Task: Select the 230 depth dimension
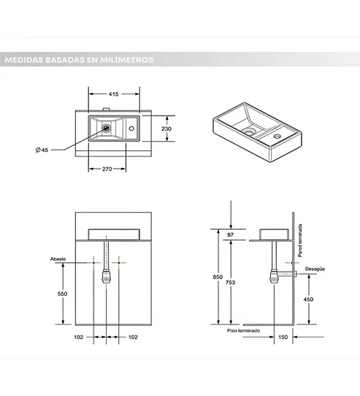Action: (167, 129)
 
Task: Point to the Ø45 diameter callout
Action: (42, 150)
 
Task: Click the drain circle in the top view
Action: (107, 129)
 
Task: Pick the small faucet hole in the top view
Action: (131, 129)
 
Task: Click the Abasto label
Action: (58, 259)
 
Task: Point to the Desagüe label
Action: (315, 268)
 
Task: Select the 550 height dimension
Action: (62, 293)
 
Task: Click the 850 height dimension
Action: (217, 277)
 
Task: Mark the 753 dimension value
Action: (231, 283)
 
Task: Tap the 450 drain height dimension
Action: (309, 299)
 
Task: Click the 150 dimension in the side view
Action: (282, 337)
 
